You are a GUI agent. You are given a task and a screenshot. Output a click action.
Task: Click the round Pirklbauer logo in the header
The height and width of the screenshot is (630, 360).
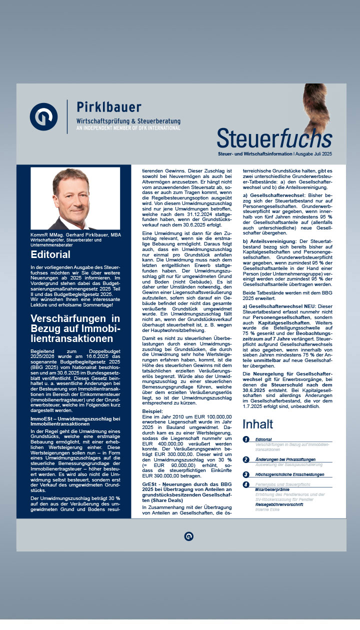click(43, 116)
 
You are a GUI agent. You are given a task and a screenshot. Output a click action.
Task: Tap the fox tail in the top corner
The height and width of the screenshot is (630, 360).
click(317, 107)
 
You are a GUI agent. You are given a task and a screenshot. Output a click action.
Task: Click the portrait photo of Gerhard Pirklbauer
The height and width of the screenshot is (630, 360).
click(75, 198)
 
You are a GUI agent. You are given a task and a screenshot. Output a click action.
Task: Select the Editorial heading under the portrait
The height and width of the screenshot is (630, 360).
click(50, 255)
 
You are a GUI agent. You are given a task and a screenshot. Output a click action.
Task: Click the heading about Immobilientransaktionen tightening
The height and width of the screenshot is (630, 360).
click(75, 328)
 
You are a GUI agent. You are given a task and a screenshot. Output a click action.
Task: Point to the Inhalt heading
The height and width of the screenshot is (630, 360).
click(258, 424)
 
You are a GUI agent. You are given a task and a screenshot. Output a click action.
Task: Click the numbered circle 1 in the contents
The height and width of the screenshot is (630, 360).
click(246, 439)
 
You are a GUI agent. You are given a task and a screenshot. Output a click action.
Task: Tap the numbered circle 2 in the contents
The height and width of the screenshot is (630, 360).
click(246, 459)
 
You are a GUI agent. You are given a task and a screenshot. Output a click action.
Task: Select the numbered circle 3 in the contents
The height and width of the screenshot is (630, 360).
click(246, 474)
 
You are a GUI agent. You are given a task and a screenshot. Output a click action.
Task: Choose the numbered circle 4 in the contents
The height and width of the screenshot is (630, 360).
click(246, 484)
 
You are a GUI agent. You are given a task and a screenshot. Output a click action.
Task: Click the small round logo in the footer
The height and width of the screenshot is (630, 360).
click(188, 536)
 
